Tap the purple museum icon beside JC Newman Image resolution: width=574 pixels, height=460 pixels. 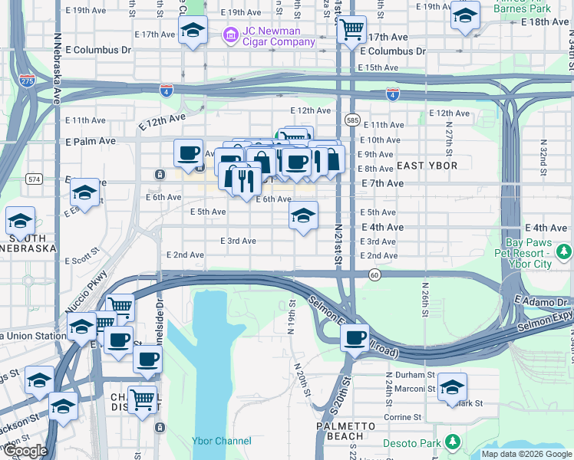point(229,35)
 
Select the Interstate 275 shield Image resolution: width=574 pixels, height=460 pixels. point(28,80)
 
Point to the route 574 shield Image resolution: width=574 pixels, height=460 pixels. point(33,179)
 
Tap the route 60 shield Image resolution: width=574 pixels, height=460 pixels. point(374,274)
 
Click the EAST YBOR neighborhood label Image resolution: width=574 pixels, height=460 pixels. point(427,166)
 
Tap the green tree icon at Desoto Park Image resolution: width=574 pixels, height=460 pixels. point(453,442)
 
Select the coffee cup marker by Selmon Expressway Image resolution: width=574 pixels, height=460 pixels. point(355,337)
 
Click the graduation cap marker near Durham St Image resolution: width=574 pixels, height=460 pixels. point(453,386)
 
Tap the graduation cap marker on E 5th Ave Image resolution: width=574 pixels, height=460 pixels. point(304,216)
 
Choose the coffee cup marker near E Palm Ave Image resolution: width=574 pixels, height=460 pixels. point(188,153)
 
